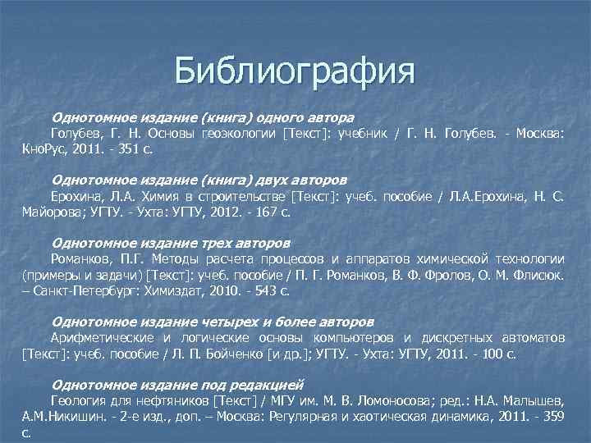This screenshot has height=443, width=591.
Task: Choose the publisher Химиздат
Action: point(181,291)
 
